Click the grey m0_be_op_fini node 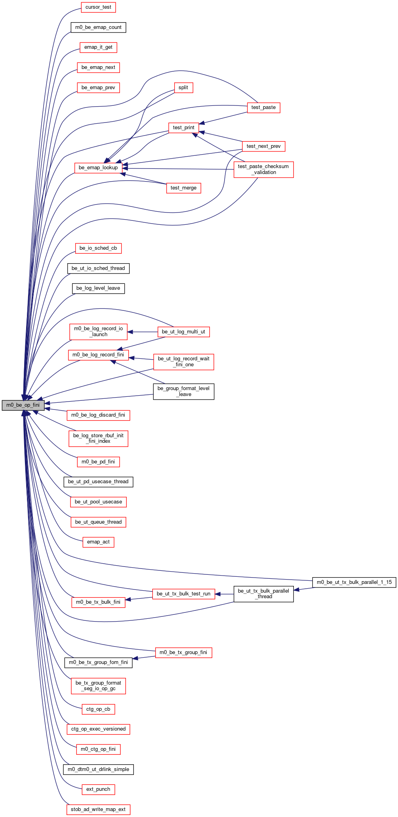(x=23, y=405)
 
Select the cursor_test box (x=98, y=7)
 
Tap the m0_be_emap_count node (x=98, y=27)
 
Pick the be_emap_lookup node (x=98, y=168)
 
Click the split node (x=183, y=88)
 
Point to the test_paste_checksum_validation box (x=263, y=169)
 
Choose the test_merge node (x=183, y=188)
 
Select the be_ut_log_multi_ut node (x=183, y=331)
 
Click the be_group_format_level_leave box (x=183, y=391)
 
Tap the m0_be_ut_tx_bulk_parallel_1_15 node (x=354, y=582)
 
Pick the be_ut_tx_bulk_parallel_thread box (x=263, y=594)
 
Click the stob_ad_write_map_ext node (x=98, y=809)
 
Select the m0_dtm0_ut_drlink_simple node (x=98, y=769)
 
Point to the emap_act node (x=98, y=542)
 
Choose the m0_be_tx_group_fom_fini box (x=98, y=662)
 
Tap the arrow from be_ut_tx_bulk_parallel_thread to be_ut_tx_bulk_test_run (x=224, y=594)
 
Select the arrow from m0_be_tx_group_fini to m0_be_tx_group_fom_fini (x=144, y=657)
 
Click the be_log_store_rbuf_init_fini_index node (x=98, y=438)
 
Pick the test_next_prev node (x=263, y=146)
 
